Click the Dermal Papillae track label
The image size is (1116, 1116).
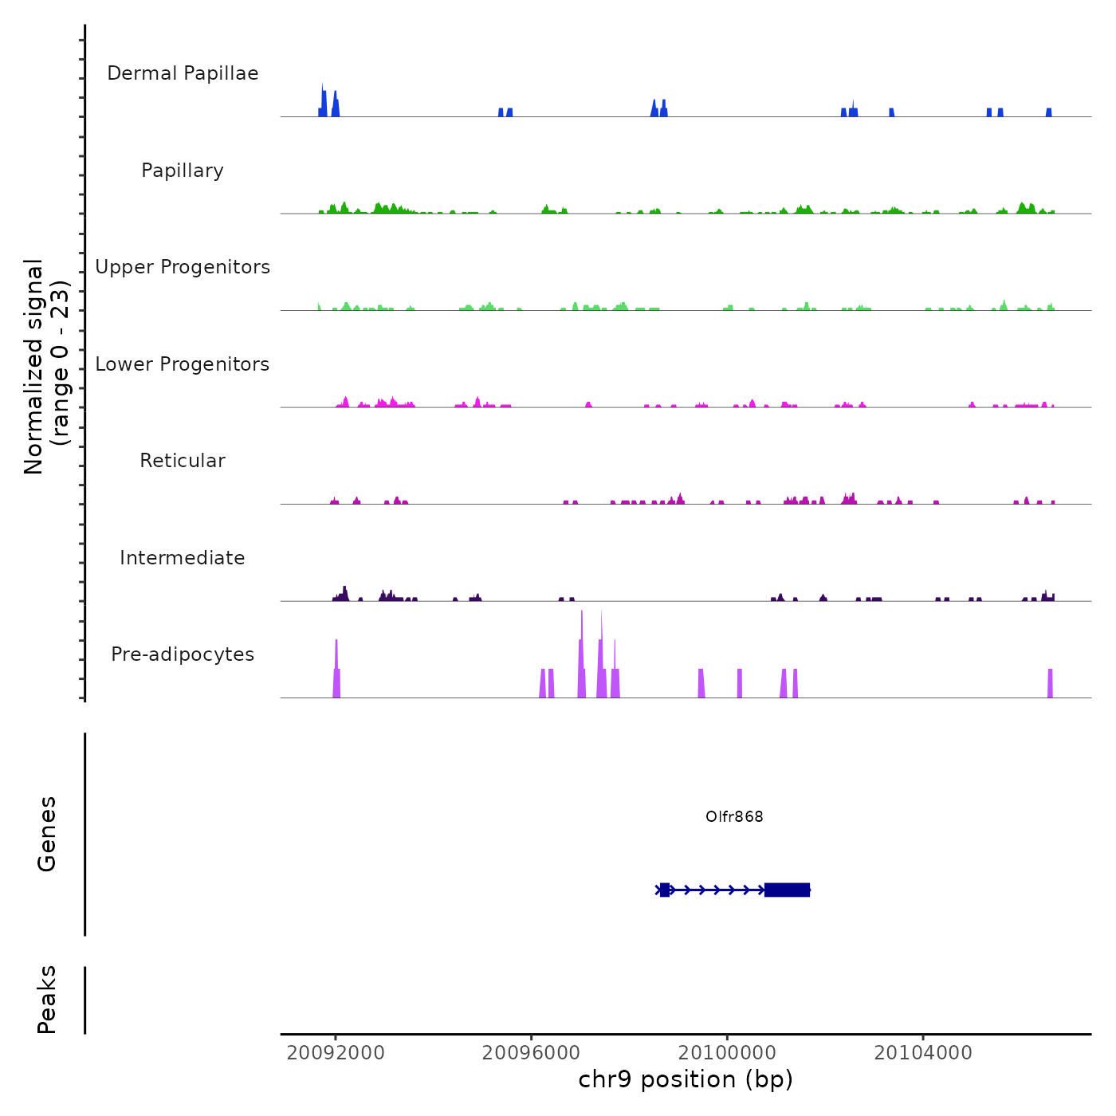pyautogui.click(x=183, y=73)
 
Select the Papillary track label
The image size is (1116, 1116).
pyautogui.click(x=183, y=171)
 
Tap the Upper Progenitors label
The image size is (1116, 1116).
pyautogui.click(x=183, y=267)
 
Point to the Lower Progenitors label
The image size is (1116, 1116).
pyautogui.click(x=183, y=364)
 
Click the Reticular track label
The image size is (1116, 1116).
pyautogui.click(x=183, y=461)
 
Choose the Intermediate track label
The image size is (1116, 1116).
pyautogui.click(x=183, y=558)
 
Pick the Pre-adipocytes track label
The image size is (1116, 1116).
pyautogui.click(x=183, y=654)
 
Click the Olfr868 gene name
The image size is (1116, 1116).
pyautogui.click(x=734, y=816)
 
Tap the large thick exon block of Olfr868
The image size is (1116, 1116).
pyautogui.click(x=787, y=890)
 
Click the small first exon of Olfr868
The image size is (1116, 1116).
pyautogui.click(x=665, y=890)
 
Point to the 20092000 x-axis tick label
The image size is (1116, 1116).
pyautogui.click(x=336, y=1052)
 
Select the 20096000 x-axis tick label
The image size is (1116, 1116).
pyautogui.click(x=531, y=1052)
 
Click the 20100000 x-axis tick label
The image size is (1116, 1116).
pyautogui.click(x=727, y=1052)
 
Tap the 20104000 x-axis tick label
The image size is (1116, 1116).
pyautogui.click(x=923, y=1052)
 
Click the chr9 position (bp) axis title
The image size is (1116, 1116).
pyautogui.click(x=686, y=1079)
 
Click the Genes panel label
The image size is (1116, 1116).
pyautogui.click(x=46, y=834)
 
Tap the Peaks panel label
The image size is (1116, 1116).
pyautogui.click(x=46, y=1000)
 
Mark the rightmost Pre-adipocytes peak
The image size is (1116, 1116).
pyautogui.click(x=1050, y=684)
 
